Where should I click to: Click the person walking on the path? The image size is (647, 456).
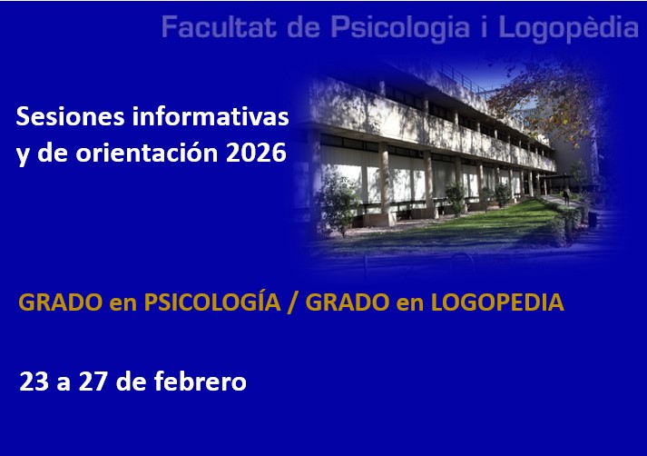pyautogui.click(x=565, y=195)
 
